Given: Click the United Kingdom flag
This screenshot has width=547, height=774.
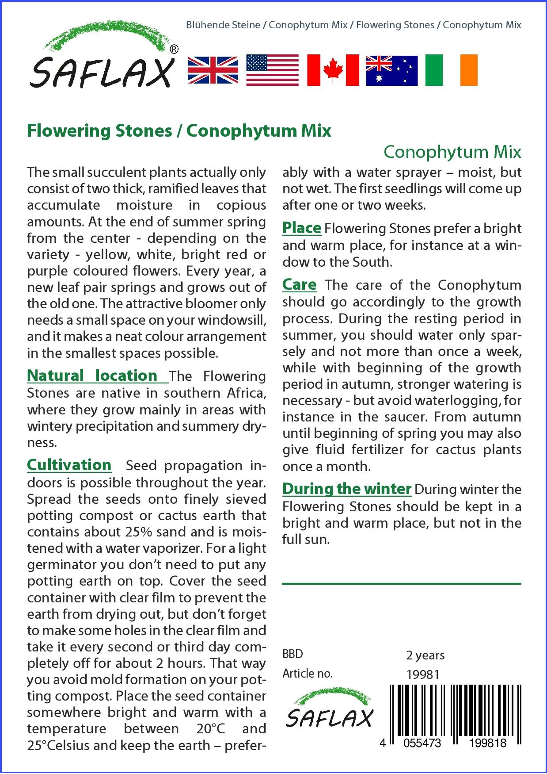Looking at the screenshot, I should click(213, 70).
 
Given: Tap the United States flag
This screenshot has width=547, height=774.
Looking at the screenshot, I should click(272, 70).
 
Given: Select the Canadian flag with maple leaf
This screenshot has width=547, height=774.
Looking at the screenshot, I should click(333, 70).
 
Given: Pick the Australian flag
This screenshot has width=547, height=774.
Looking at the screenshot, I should click(391, 70).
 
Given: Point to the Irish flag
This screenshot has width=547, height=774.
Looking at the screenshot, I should click(451, 70).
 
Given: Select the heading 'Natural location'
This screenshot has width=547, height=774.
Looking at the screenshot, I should click(92, 376).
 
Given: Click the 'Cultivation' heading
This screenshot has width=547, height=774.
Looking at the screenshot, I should click(69, 465).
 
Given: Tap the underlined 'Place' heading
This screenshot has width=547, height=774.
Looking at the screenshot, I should click(302, 228).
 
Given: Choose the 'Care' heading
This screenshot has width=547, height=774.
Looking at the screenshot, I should click(300, 284).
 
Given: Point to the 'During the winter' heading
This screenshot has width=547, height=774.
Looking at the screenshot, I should click(347, 489).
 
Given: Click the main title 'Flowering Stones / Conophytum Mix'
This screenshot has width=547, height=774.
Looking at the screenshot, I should click(179, 131).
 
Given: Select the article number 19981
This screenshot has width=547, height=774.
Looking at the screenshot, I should click(423, 674).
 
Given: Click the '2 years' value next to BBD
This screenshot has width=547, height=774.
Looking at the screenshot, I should click(425, 655).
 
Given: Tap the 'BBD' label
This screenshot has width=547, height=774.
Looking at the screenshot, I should click(293, 654).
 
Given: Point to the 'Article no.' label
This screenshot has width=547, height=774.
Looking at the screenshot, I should click(308, 674).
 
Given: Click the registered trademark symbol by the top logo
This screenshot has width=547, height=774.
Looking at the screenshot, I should click(174, 50).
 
